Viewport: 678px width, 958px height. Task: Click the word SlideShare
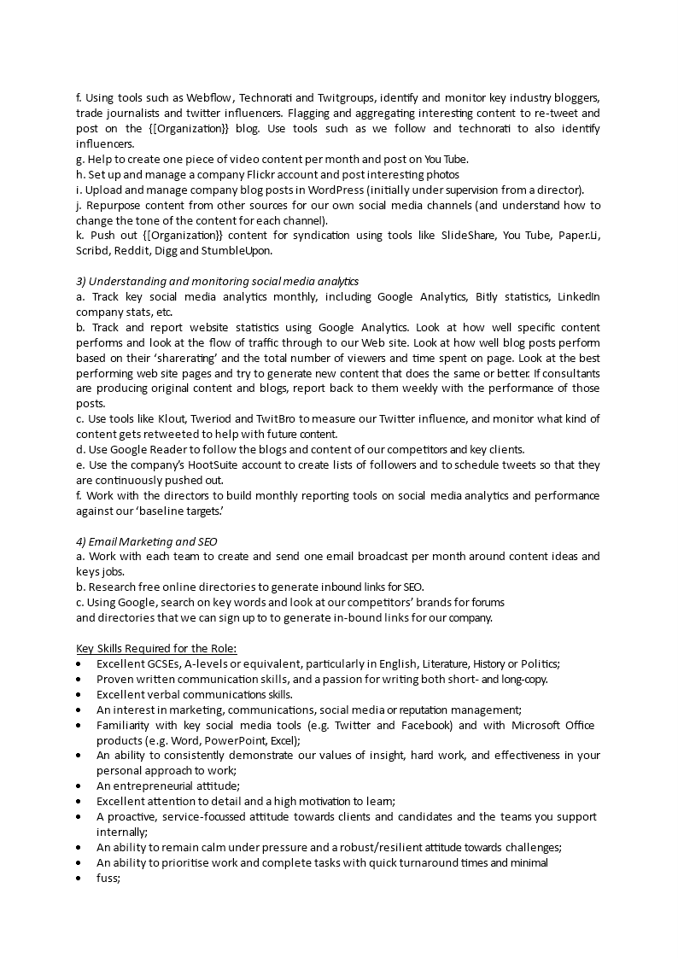tap(469, 236)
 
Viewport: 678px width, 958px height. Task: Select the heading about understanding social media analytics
tap(218, 281)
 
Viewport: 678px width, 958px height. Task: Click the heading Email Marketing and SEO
tap(147, 541)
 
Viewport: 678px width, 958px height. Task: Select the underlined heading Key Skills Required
tap(156, 648)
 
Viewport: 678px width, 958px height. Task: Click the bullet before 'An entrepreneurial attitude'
tap(79, 786)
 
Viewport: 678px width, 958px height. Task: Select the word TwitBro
tap(276, 418)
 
